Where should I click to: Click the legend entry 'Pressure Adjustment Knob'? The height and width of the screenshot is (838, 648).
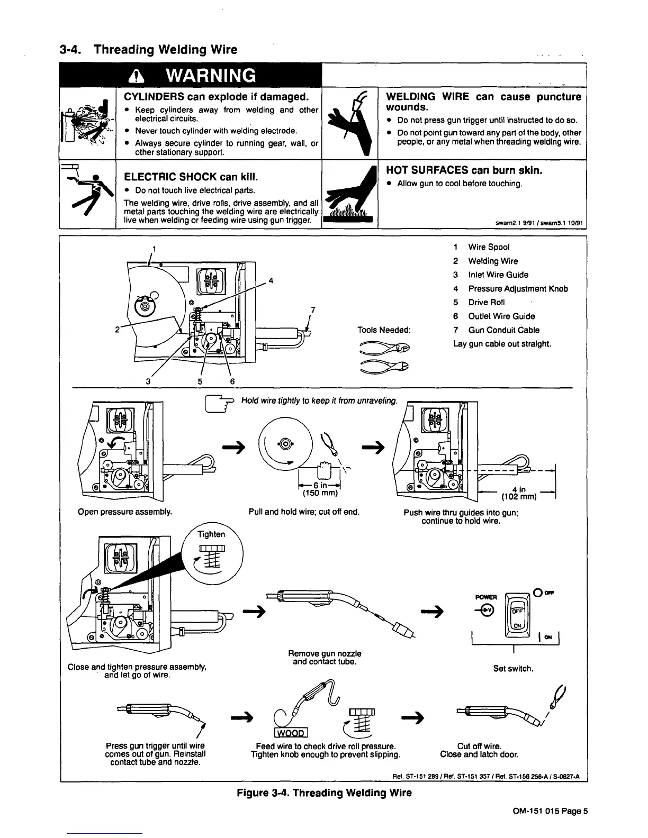(517, 289)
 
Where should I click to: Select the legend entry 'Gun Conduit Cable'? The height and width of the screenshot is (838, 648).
(503, 330)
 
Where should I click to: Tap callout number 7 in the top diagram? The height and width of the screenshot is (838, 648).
(313, 309)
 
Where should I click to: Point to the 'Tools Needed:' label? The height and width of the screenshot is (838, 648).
(384, 330)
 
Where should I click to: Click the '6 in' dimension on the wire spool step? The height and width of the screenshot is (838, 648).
(320, 487)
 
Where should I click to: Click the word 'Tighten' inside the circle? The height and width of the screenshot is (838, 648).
(211, 534)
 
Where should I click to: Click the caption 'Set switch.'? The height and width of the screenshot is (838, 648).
(513, 669)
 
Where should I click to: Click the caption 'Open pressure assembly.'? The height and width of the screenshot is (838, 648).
(125, 512)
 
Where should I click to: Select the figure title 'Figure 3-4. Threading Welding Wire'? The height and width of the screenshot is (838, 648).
(324, 793)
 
